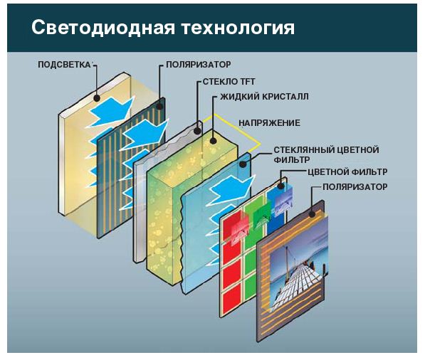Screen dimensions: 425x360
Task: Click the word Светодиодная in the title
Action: [103, 27]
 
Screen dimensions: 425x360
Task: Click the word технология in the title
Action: [238, 28]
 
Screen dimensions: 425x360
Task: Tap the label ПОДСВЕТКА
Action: [65, 65]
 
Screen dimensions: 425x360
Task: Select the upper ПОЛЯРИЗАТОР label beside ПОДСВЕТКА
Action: [199, 65]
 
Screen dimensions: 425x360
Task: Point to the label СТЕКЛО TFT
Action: [229, 82]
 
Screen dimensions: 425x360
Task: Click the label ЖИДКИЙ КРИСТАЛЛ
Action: [264, 97]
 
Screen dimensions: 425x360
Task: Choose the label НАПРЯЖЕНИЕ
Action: [269, 122]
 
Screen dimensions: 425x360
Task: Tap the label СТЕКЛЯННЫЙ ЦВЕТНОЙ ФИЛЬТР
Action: [326, 154]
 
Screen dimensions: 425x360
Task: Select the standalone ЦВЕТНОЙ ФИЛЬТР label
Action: [347, 171]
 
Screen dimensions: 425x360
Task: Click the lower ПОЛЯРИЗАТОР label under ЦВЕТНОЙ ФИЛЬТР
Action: [355, 186]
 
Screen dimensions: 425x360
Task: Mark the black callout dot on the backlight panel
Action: [97, 98]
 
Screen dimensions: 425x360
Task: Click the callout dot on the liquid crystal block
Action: [214, 141]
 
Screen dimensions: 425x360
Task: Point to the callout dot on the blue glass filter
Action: [243, 164]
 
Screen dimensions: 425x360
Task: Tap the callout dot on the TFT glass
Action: [198, 131]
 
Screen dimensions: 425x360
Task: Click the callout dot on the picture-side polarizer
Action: [312, 213]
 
